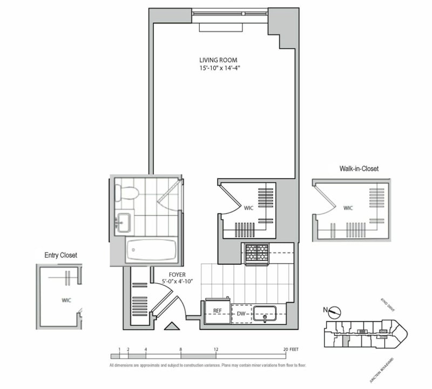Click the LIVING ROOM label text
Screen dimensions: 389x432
(218, 60)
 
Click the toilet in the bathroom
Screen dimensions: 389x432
(127, 192)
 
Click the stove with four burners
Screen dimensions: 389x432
(257, 254)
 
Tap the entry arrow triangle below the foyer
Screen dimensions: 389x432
(172, 326)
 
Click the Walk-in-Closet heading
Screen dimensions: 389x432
(359, 169)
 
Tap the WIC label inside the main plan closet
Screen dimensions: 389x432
(249, 207)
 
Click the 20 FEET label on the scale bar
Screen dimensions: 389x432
(291, 350)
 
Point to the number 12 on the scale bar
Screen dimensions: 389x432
(215, 350)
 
